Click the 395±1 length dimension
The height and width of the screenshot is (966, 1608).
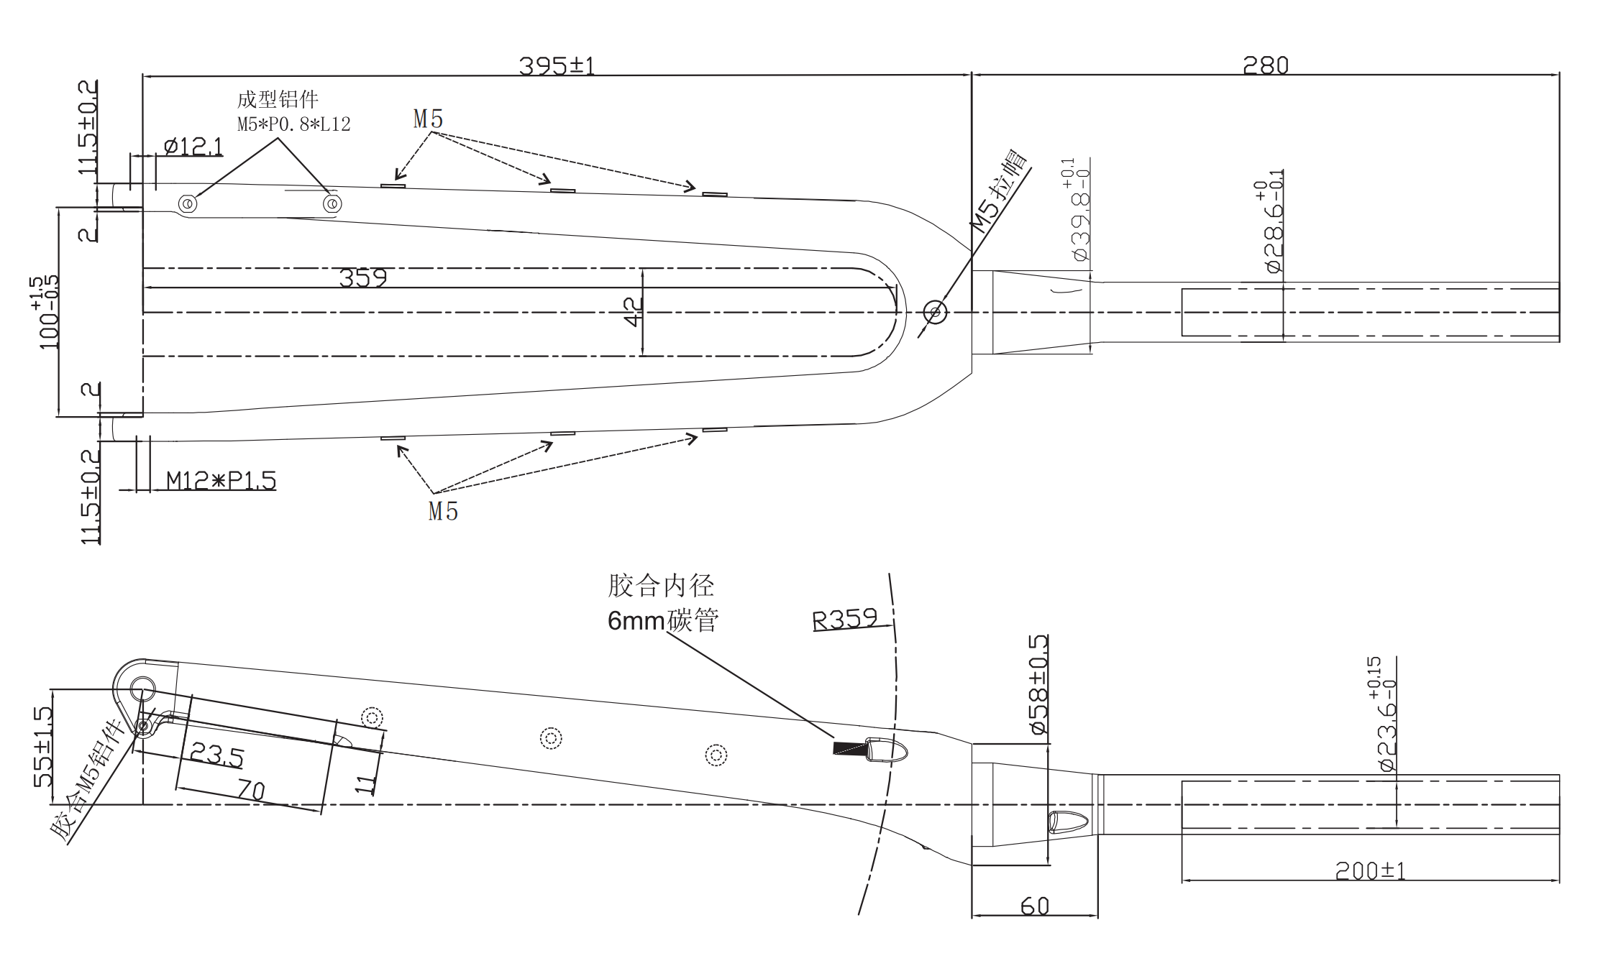tap(557, 66)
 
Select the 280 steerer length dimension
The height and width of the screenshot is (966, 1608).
tap(1265, 66)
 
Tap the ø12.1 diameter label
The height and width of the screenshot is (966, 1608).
tap(193, 147)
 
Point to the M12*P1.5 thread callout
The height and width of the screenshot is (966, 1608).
tap(221, 480)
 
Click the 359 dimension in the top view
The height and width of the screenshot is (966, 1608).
tap(362, 278)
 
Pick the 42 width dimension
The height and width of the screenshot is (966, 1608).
tap(633, 312)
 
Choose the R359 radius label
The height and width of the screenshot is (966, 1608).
tap(845, 619)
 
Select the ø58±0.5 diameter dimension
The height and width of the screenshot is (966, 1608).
tap(1038, 684)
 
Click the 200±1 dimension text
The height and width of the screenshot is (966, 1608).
tap(1370, 870)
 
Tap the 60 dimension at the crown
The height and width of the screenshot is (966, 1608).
tap(1034, 906)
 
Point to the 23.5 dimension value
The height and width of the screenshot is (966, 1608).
tap(216, 755)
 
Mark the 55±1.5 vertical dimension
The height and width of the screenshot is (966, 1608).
tap(43, 747)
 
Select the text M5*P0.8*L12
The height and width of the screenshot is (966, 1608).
tap(293, 124)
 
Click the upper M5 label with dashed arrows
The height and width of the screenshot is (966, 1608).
tap(428, 119)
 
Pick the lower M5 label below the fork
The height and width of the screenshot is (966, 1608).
tap(443, 511)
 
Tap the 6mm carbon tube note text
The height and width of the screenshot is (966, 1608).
tap(662, 620)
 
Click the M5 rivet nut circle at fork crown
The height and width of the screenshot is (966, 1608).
tap(935, 312)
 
